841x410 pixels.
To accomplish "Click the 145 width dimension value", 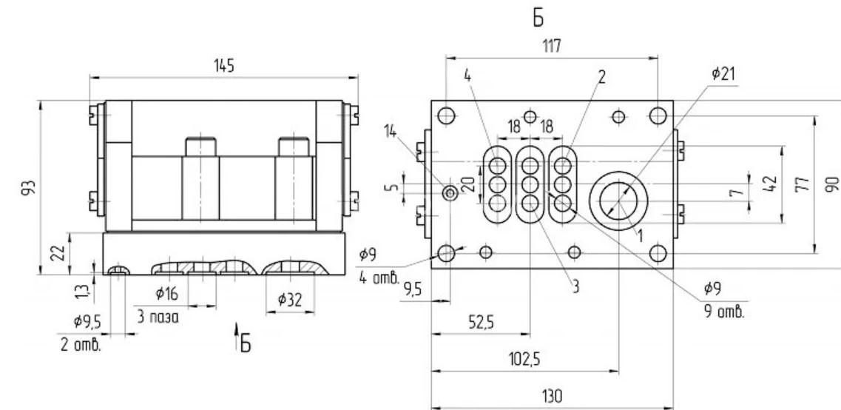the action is click(223, 67).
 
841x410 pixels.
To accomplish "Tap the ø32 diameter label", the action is click(290, 300).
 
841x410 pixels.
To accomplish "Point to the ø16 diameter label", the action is click(166, 294).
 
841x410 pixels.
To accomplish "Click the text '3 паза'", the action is click(158, 317).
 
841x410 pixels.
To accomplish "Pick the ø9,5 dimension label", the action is click(87, 322).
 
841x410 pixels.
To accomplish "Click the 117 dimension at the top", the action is click(551, 47).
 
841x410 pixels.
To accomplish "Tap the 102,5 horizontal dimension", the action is click(524, 359).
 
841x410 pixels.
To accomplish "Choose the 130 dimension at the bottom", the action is click(552, 397).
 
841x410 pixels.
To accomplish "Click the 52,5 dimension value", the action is click(481, 323).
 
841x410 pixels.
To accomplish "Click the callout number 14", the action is click(391, 130).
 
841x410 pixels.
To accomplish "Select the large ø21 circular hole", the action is click(618, 201).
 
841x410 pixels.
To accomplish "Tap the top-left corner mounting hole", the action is click(446, 115).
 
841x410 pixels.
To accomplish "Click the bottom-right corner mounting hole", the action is click(658, 253).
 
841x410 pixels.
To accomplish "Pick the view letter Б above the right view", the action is click(538, 19).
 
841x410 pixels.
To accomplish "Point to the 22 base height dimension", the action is click(61, 252).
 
